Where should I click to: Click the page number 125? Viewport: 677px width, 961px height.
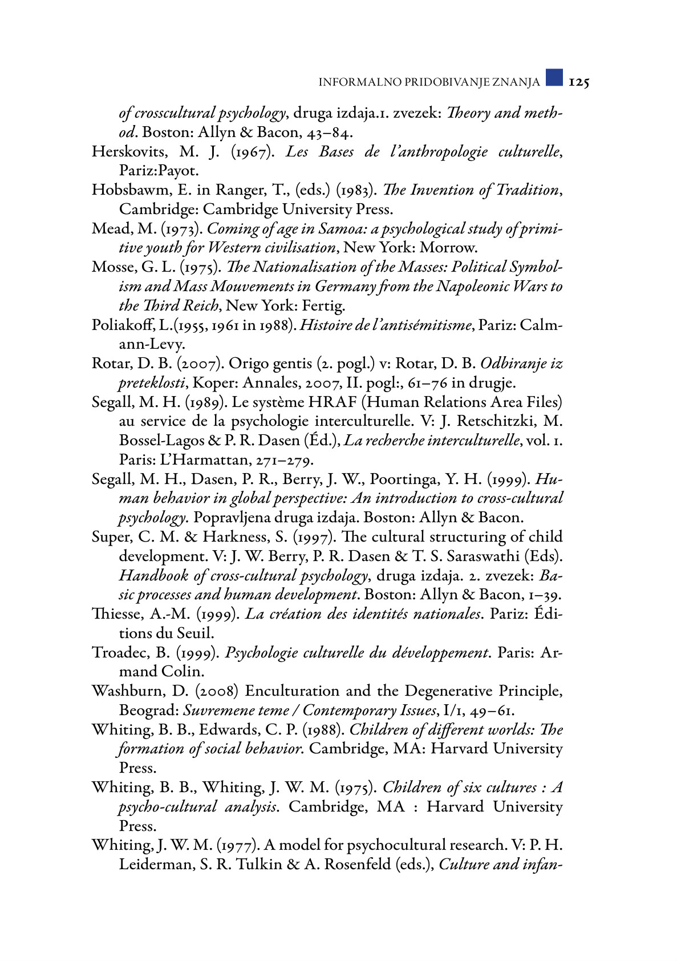(578, 82)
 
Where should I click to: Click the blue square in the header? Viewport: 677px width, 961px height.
(554, 78)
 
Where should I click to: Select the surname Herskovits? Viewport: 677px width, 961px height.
(130, 152)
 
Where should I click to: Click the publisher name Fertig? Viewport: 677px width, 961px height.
(325, 306)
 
